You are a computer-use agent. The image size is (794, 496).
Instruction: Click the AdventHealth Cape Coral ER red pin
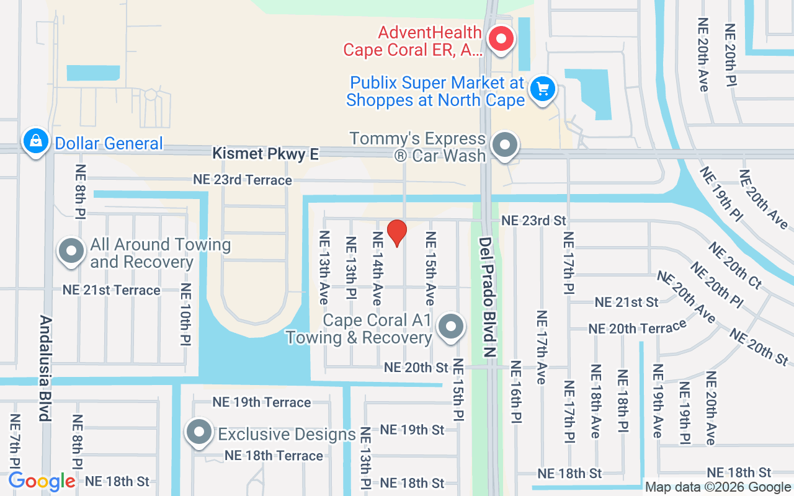coord(501,39)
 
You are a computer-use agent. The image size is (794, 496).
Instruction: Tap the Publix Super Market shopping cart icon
coord(543,89)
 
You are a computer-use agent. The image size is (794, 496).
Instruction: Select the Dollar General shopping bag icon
coord(36,141)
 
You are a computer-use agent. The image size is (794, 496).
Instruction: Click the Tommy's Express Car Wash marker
coord(505,146)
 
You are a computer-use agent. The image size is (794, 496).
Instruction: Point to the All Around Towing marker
coord(71,251)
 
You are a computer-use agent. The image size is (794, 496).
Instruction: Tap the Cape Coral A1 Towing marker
coord(451,327)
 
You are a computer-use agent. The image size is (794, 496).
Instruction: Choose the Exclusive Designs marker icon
coord(199,432)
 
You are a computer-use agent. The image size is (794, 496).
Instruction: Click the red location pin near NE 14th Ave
coord(396,232)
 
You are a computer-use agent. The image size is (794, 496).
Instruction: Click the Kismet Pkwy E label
coord(265,154)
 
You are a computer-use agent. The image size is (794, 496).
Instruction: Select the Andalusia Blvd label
coord(45,368)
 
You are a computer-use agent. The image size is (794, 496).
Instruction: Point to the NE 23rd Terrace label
coord(242,180)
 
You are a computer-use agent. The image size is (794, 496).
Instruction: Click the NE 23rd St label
coord(534,220)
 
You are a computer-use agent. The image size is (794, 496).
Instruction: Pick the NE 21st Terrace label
coord(112,290)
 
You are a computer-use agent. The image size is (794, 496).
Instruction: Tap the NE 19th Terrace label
coord(262,402)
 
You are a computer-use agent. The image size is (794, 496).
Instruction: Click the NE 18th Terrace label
coord(274,456)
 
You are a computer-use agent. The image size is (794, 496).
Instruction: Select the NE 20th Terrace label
coord(638,327)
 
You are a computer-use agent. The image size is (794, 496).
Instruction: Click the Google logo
coord(42,481)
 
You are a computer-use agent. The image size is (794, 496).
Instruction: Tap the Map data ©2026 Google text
coord(718,487)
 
